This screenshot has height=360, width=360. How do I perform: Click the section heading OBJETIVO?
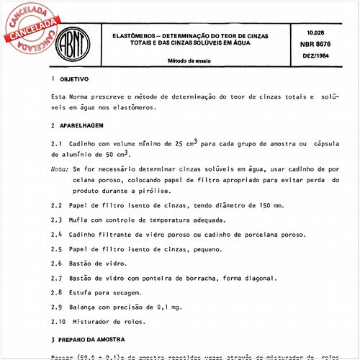75,79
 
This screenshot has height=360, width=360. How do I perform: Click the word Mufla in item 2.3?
80,220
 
